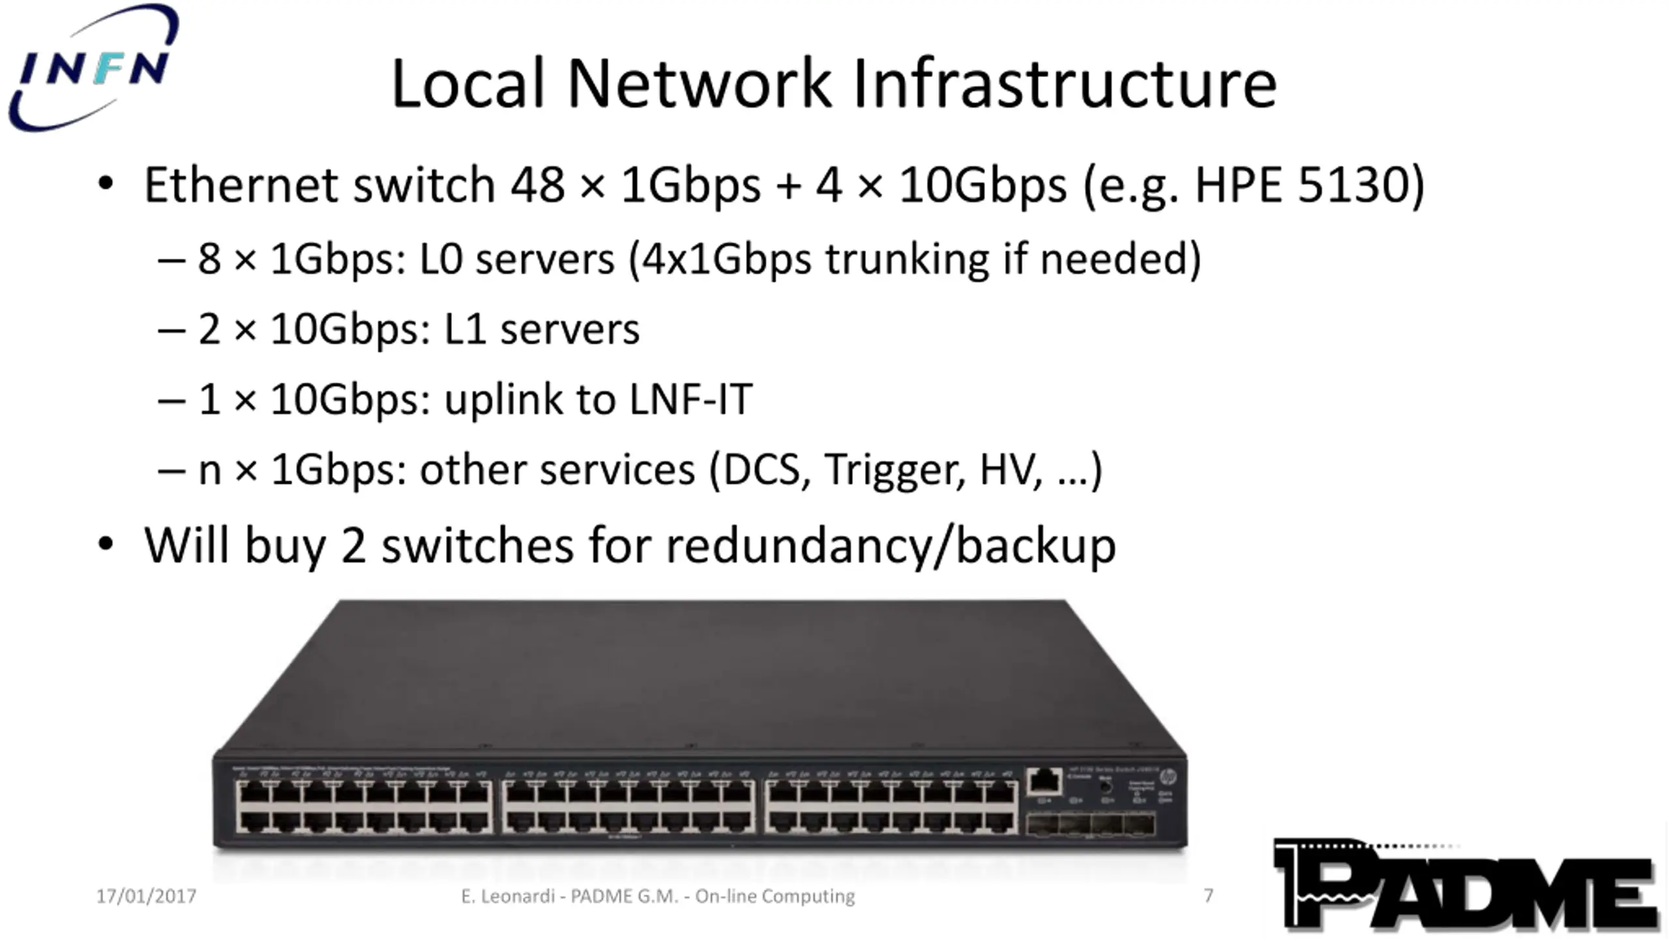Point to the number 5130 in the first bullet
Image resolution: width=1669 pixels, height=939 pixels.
[1353, 185]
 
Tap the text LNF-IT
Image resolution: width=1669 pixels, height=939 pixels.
[691, 399]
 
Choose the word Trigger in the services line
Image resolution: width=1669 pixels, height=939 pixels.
[894, 469]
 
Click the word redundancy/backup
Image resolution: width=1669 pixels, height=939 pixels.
[891, 545]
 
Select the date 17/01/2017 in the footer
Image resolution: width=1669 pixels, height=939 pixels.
[146, 897]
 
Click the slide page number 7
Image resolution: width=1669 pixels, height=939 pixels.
[1208, 896]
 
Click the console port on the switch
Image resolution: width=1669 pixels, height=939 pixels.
[1044, 781]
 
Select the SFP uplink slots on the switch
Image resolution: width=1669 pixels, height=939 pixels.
[1090, 825]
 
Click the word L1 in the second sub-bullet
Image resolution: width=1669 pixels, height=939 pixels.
[465, 329]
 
